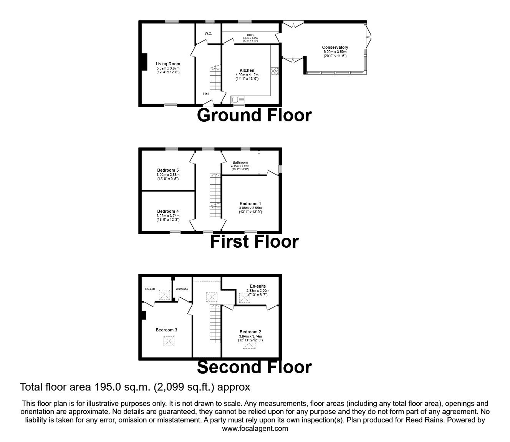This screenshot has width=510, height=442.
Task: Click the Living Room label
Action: tap(168, 64)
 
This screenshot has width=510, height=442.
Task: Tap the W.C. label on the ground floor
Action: tap(208, 33)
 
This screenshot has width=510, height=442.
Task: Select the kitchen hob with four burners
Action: tap(275, 71)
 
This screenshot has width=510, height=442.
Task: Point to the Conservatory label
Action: tap(335, 48)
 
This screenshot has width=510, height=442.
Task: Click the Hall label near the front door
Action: tap(206, 94)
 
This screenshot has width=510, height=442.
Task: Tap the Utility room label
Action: tap(250, 35)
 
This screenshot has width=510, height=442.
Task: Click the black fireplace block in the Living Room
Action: tap(144, 62)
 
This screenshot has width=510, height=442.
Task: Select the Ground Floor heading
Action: tap(254, 115)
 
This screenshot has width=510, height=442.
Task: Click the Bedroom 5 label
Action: tap(168, 170)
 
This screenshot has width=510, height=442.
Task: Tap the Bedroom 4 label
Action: tap(168, 211)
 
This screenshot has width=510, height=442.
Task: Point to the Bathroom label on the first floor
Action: tap(240, 162)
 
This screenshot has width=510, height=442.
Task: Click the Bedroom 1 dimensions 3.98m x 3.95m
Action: tap(250, 208)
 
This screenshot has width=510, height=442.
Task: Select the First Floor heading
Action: tap(254, 242)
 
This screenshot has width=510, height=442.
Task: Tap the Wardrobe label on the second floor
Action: tap(182, 289)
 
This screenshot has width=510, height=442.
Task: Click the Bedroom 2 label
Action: tap(250, 332)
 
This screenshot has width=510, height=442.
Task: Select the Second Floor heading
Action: tap(254, 367)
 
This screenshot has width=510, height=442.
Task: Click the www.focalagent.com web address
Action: tap(255, 429)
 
